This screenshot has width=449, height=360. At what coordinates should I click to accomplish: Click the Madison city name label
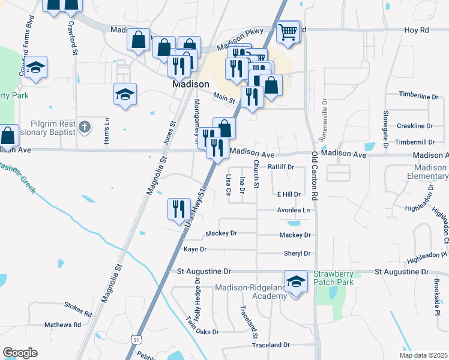coord(190,85)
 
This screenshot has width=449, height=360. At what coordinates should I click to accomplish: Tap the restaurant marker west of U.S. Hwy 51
coord(178,210)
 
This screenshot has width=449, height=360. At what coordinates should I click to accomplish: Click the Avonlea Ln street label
coord(294,211)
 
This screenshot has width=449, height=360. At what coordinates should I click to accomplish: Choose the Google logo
coord(20,353)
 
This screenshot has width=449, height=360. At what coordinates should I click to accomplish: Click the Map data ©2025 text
coord(423,355)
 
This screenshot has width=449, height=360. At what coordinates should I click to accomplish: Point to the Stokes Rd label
coord(77,313)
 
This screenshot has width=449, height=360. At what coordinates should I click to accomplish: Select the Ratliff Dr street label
coord(280,167)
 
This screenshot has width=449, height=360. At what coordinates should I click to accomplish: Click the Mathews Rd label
coord(62,325)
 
